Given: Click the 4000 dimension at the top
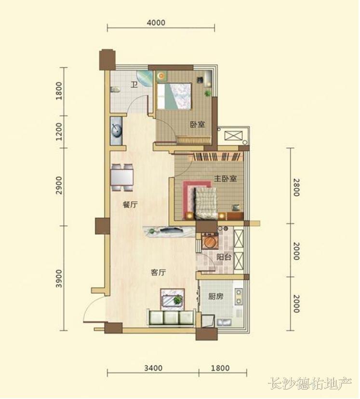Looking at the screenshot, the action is tap(156, 23).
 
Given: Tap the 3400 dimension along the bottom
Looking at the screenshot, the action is tap(153, 368).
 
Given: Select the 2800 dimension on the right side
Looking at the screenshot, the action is tap(296, 187).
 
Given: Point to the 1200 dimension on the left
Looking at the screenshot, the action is tap(59, 132).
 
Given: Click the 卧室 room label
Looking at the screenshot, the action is tap(198, 124).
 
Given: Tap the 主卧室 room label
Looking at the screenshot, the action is tap(225, 179).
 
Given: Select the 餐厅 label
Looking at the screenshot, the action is tap(130, 205).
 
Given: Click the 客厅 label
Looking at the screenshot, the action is tap(158, 273).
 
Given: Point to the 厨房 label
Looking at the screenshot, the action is tap(215, 296).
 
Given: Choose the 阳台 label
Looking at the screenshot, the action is tap(224, 257).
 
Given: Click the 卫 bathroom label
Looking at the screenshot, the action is tap(134, 84).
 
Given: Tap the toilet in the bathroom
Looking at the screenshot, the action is tap(115, 90).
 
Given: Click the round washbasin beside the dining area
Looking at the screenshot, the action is tap(117, 131).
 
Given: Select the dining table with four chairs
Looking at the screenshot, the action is tap(122, 178).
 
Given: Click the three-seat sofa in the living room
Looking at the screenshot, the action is tap(171, 317).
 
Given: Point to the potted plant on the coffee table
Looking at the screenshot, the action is tap(177, 300).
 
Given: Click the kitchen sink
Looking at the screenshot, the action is tap(224, 322).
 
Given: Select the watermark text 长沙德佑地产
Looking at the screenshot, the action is tap(310, 383).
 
